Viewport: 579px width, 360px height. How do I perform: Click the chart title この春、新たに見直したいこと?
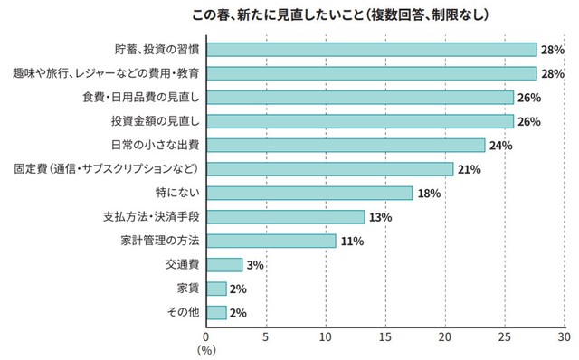(339, 15)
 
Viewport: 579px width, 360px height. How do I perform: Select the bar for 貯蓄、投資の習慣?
(372, 49)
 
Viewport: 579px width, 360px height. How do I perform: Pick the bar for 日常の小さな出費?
(346, 145)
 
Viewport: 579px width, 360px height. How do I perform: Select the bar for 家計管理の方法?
(271, 241)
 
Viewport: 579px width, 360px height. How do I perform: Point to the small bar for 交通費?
(224, 264)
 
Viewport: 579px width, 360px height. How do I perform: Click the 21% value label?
(469, 169)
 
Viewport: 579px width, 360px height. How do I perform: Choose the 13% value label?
(380, 217)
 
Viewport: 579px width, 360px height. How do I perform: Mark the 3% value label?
(254, 265)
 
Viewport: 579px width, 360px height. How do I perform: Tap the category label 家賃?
(187, 289)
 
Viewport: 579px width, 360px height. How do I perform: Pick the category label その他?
(183, 312)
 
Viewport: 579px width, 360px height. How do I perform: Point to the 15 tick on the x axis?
(385, 337)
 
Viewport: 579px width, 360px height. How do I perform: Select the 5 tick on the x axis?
(266, 337)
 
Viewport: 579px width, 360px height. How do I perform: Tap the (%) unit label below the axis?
(207, 350)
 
